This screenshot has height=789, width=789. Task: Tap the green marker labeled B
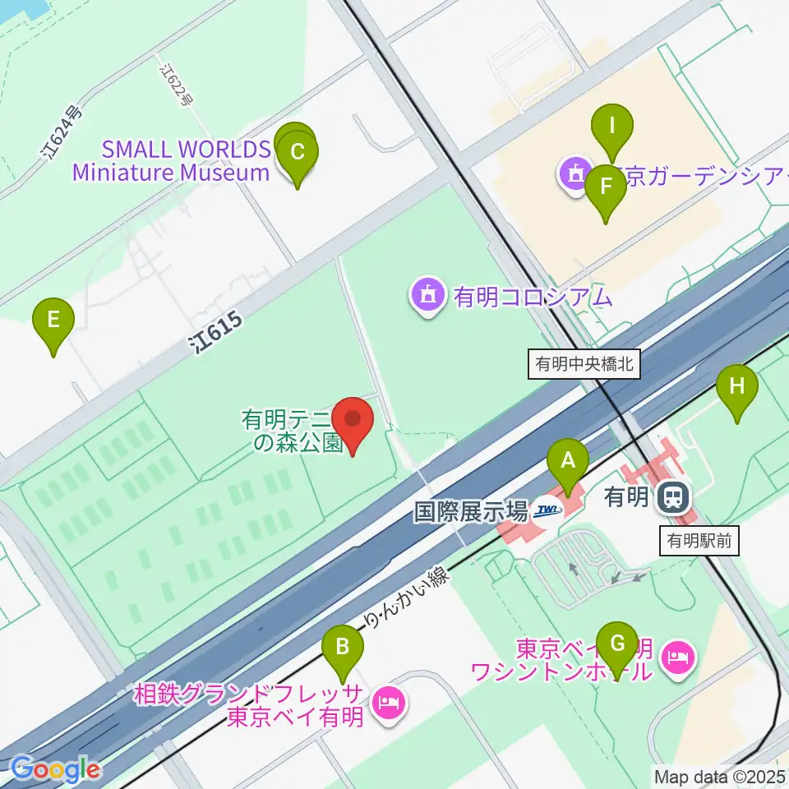click(342, 648)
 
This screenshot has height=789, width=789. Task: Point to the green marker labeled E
click(53, 321)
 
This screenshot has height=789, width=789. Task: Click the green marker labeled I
click(611, 127)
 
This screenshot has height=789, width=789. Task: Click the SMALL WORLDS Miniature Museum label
click(171, 161)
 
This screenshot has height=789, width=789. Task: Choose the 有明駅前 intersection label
click(699, 541)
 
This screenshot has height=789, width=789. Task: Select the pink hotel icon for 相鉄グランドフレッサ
click(385, 701)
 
